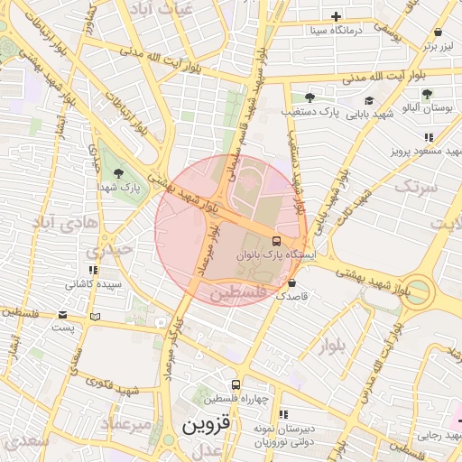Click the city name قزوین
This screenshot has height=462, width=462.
coord(208,423)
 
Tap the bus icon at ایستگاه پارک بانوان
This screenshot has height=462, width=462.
coord(276,241)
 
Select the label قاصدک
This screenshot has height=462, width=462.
coord(292,296)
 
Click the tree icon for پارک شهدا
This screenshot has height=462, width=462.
coord(118,172)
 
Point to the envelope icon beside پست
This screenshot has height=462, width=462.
coord(62,315)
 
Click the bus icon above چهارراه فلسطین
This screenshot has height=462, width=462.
coord(236,385)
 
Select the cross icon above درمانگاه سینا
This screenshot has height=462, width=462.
coord(337,16)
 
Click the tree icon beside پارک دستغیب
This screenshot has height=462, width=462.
coord(310,97)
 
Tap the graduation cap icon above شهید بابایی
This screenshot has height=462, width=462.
coord(369,100)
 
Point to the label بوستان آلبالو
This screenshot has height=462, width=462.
coord(430,107)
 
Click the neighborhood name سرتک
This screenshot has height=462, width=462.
coord(416,188)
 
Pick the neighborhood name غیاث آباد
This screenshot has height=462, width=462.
coord(162,8)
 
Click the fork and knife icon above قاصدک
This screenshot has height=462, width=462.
coord(292,282)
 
